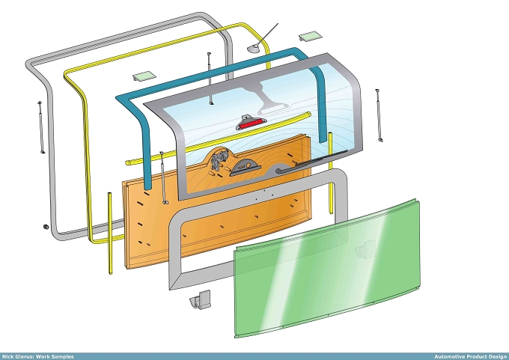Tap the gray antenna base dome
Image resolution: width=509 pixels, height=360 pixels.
pos(254,49)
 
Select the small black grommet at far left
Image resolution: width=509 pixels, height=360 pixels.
pos(46,227)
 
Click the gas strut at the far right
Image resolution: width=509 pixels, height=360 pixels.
pos(379,115)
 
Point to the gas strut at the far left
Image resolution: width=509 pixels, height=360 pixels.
pos(41,127)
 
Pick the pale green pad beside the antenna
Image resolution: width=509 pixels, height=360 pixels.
pos(311,36)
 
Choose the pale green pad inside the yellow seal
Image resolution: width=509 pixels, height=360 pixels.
pos(144,76)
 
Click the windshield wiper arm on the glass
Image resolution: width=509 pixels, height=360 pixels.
pos(311,162)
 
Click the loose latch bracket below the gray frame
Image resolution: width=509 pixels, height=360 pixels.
pos(201,299)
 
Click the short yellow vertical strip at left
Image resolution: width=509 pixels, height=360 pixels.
pos(110,233)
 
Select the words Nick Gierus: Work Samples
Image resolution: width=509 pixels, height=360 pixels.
pos(37,356)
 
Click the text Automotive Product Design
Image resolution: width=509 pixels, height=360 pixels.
pos(470,356)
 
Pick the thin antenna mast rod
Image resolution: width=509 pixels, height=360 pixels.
pos(268,34)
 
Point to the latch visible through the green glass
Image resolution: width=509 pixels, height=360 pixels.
pos(365,249)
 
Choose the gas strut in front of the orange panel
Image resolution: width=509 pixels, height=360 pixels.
pos(163,177)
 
